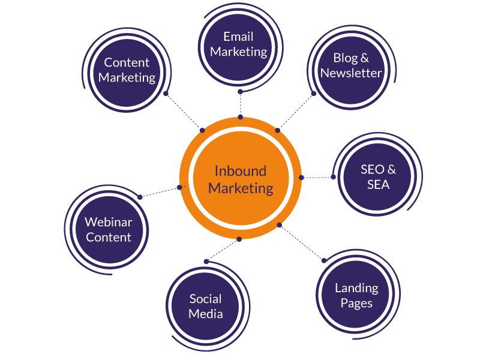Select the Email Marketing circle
239,44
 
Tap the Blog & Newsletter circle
350,65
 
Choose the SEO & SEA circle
378,177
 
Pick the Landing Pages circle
356,295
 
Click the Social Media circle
206,306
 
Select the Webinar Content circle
108,229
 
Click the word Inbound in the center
241,171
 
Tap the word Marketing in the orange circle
241,188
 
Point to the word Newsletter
351,73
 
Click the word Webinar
109,222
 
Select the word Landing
356,288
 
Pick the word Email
239,37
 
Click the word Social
206,299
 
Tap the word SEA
378,185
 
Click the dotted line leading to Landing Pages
301,242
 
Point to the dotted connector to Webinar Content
160,192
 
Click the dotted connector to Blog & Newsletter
296,112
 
